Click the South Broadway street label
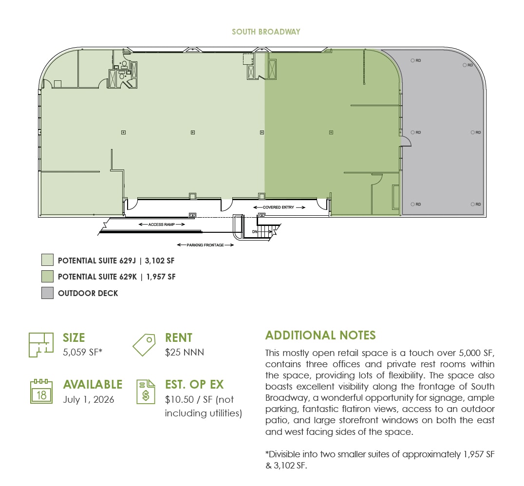point(266,32)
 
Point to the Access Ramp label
point(162,224)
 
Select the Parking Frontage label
point(205,245)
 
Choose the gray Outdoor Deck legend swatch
point(47,293)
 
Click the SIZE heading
point(74,337)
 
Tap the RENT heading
point(179,337)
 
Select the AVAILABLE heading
point(93,384)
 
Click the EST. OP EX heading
point(194,384)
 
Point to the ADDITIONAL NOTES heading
point(320,335)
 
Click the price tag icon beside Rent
point(144,344)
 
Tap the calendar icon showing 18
point(41,392)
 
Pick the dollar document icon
point(146,392)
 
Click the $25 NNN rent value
point(185,352)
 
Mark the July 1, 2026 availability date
point(89,399)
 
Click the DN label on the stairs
point(255,232)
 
